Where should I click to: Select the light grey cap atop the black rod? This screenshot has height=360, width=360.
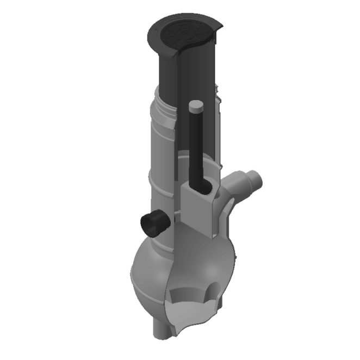click(196, 105)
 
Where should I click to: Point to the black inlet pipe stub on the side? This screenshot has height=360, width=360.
click(153, 222)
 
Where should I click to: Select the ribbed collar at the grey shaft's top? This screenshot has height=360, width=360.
click(163, 106)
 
